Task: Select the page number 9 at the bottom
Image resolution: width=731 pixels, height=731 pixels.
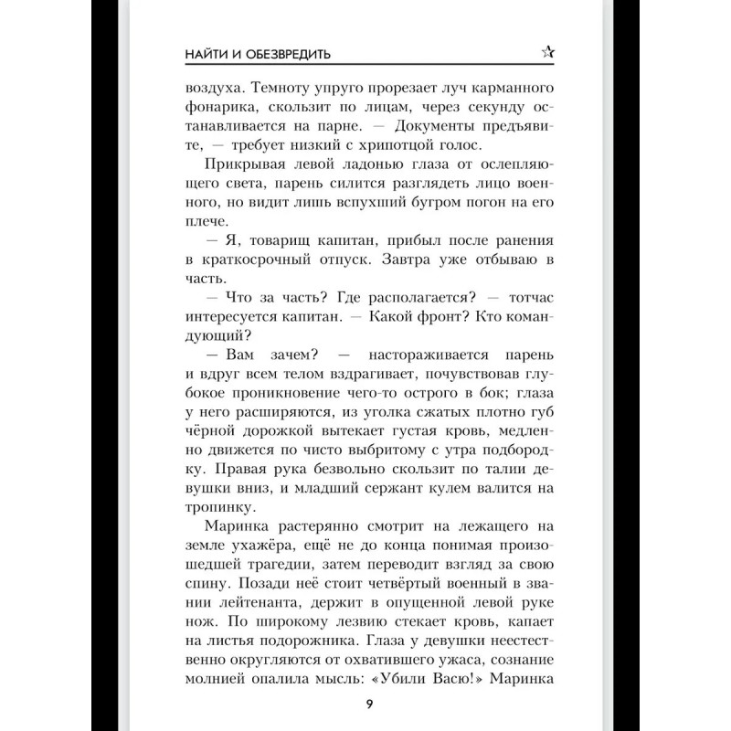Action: point(367,703)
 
